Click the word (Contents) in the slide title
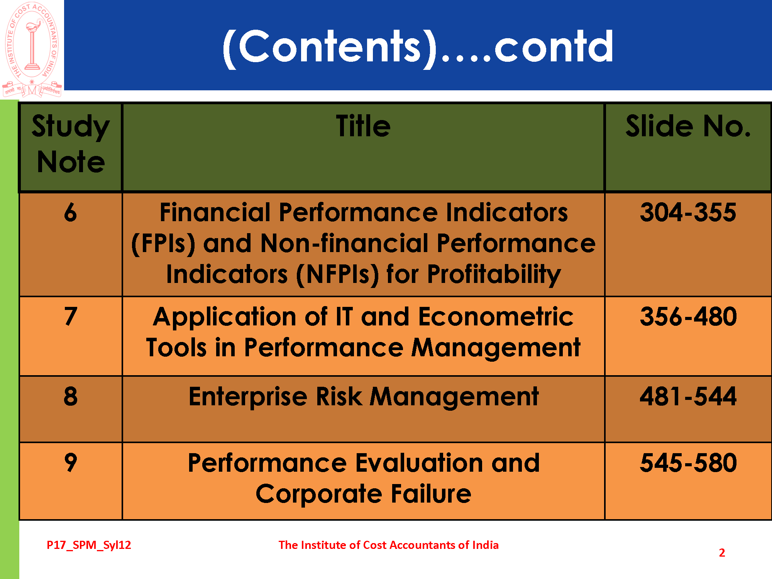[x=330, y=47]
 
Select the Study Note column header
[x=71, y=144]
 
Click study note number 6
[x=71, y=212]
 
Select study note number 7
[x=71, y=316]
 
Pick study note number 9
[x=71, y=462]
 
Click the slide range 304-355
[x=688, y=212]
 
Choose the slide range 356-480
[x=688, y=316]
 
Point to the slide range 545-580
[x=688, y=462]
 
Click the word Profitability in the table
[x=494, y=275]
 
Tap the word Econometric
[x=496, y=317]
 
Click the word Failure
[x=431, y=494]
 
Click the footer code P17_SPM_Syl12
[x=89, y=545]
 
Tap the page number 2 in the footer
[x=722, y=553]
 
